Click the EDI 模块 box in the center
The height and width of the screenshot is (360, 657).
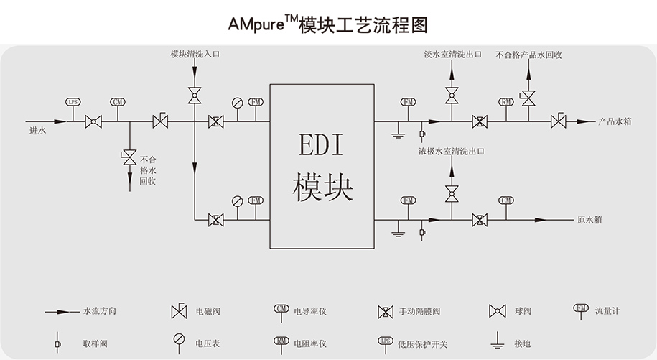[x=322, y=165]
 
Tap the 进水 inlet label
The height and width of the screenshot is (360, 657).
[x=37, y=131]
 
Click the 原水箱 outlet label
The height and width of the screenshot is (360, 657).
[x=590, y=219]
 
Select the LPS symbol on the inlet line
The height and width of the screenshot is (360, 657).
[x=73, y=102]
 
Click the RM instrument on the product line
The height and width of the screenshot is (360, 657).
[x=506, y=102]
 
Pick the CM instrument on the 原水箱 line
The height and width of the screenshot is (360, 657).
[x=506, y=200]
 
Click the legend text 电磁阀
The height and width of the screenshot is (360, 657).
[x=208, y=311]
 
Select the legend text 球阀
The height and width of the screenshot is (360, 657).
[x=523, y=311]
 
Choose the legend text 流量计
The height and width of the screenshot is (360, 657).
[x=607, y=311]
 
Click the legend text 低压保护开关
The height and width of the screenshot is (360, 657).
[x=422, y=344]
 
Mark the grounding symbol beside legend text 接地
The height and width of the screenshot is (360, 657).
[x=495, y=342]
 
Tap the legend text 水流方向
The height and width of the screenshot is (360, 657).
[x=100, y=311]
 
